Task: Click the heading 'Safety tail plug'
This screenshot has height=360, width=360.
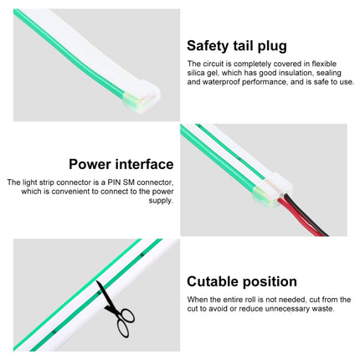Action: coord(237,46)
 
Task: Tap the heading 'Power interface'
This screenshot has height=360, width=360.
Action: coord(121,164)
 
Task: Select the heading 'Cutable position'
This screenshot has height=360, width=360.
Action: coord(242,282)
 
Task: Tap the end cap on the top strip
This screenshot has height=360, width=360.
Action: coord(141,95)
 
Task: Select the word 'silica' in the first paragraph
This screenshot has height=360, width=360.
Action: coord(195,73)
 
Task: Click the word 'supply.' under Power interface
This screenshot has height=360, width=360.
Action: coord(162,201)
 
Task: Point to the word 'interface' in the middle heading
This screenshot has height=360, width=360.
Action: coord(146,164)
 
